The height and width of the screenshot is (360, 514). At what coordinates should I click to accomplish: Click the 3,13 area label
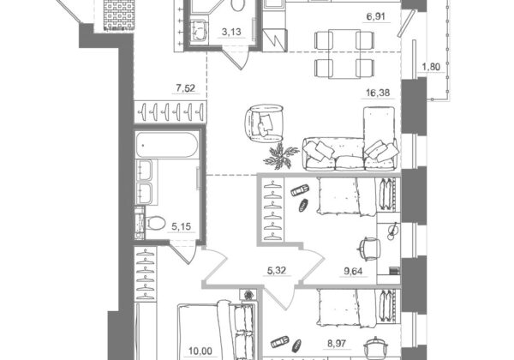coord(231,32)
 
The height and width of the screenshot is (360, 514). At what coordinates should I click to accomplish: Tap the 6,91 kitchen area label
coord(376,16)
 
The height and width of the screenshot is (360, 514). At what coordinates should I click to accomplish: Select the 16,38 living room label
coord(378,93)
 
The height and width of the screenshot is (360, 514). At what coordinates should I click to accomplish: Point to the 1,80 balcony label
coord(431,67)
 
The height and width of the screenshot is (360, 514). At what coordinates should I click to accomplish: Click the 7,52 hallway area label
coord(186,88)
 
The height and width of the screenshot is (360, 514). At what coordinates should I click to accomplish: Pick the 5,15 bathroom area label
coord(182,226)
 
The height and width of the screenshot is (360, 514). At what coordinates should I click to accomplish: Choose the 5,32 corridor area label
coord(277,270)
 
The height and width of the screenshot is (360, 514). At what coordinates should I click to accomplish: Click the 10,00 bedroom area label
coord(200,351)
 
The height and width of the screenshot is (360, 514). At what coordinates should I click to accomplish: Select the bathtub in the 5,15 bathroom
coord(167,145)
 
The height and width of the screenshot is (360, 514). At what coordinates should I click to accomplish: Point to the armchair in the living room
coord(264,123)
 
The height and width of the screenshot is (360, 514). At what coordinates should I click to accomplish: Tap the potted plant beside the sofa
coord(280,156)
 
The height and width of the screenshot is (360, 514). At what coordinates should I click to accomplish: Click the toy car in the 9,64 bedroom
coord(300,190)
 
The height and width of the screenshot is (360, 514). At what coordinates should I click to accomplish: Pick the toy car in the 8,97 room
coord(280,342)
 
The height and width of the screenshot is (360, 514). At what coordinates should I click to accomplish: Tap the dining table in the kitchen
coord(344,54)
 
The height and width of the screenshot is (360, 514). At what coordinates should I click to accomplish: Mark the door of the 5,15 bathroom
coord(182,251)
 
